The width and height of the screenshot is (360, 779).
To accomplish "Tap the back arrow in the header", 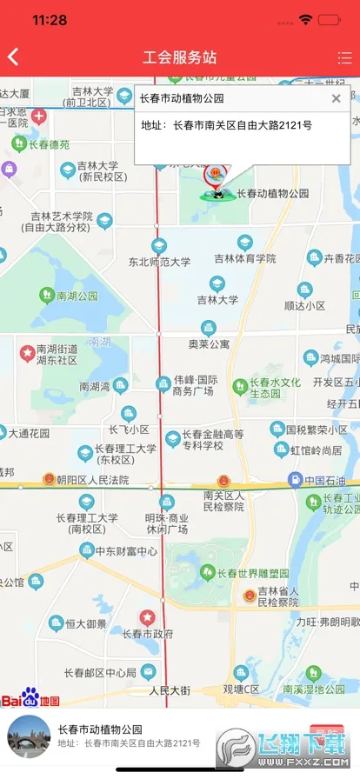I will [x=13, y=57].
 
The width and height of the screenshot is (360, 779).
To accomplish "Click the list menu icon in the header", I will [x=344, y=58].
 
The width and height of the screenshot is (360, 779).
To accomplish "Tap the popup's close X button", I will [x=337, y=98].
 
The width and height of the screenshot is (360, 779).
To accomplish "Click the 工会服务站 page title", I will [x=179, y=58].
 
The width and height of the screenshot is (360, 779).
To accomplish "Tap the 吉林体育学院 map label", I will [x=245, y=258].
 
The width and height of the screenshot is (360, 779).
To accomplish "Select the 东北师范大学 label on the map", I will [x=159, y=261].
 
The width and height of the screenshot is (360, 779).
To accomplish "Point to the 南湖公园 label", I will [x=77, y=296].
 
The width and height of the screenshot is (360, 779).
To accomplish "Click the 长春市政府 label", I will [x=148, y=634].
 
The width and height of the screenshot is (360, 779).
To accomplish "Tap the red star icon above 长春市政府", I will [x=148, y=616].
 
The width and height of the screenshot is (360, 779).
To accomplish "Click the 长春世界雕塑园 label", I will [x=252, y=574].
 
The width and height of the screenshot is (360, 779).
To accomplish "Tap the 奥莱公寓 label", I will [x=209, y=343].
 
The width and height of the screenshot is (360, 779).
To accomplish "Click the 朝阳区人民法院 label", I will [x=92, y=480].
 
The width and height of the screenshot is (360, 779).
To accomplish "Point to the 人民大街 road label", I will [x=170, y=690].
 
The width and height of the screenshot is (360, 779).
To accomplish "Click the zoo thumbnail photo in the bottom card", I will [x=29, y=737].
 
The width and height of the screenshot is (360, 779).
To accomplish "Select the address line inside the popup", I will [x=226, y=126].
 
